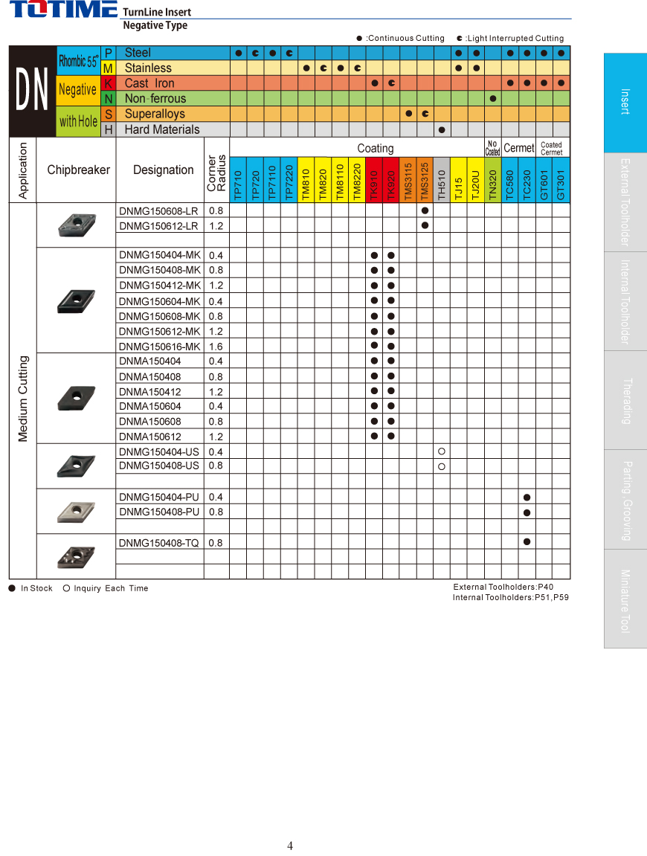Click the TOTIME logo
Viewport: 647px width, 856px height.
(62, 10)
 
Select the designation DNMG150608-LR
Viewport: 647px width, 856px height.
(158, 210)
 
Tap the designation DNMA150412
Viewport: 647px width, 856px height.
(149, 391)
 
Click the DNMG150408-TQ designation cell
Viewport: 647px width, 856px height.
(158, 543)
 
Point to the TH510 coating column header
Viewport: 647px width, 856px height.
(442, 180)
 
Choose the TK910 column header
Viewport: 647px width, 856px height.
(374, 180)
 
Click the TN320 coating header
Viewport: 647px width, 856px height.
(492, 180)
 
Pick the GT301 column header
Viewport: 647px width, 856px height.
(561, 180)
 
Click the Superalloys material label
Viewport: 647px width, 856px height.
(155, 114)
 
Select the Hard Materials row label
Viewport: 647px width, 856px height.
(162, 129)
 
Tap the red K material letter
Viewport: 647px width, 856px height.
(109, 83)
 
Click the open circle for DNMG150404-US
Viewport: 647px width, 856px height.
(442, 451)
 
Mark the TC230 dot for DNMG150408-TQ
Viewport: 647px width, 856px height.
(527, 542)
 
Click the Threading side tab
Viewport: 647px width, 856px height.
(625, 400)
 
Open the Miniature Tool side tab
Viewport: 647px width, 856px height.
(625, 599)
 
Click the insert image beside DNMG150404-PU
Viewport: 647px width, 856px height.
(76, 512)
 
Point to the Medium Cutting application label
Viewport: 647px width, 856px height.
(23, 399)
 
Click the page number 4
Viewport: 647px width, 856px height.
(290, 846)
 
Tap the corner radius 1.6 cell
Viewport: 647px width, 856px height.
(216, 347)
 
